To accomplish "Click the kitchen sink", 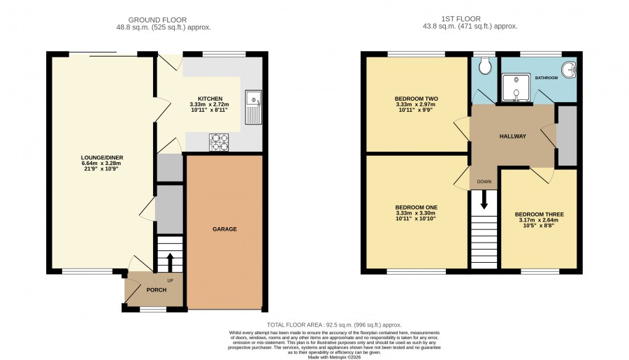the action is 253,107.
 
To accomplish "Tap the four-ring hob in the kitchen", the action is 219,142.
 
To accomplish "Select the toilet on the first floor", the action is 484,66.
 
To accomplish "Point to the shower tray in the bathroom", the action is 516,87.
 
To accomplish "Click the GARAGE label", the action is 224,229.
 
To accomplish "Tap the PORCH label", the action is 157,290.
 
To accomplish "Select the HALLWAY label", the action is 513,136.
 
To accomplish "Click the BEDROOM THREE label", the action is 540,215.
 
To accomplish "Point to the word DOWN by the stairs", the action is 484,182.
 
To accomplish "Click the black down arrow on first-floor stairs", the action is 484,199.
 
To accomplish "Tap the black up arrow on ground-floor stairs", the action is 169,262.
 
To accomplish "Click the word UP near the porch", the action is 170,281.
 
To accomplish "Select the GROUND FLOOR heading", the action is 157,20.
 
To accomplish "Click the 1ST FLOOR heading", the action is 461,19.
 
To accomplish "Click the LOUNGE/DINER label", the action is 102,158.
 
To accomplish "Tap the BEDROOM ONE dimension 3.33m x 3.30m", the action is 416,213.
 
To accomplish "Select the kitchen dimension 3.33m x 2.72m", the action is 210,104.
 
